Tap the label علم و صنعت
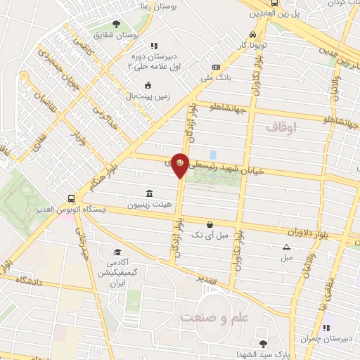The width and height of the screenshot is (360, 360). (x=214, y=318)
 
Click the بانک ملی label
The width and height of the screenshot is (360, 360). (x=216, y=78)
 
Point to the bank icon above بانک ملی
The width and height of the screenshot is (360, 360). (x=216, y=67)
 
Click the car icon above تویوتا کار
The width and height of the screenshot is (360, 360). (x=252, y=34)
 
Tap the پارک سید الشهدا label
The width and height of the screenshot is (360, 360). (x=264, y=354)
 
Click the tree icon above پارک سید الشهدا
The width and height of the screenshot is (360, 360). (x=263, y=344)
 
